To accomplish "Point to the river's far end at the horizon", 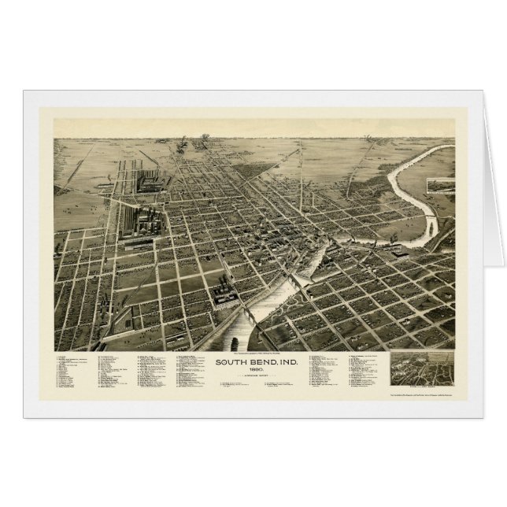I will click(x=441, y=149).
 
